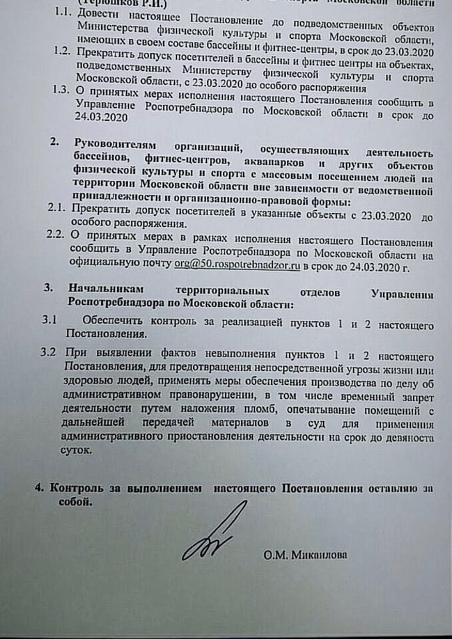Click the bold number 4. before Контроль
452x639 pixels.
coord(40,488)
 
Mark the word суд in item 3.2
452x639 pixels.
coord(315,425)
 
